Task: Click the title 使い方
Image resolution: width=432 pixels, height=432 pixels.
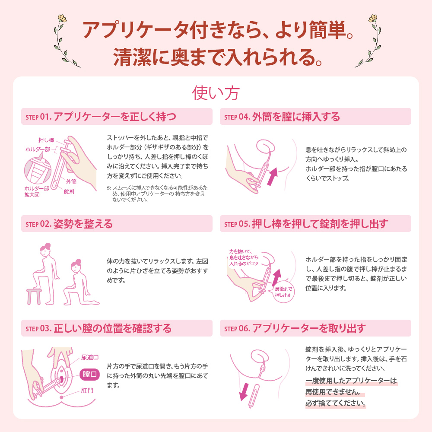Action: pos(216,93)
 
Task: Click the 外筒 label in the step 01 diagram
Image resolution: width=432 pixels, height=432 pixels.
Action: pos(72,181)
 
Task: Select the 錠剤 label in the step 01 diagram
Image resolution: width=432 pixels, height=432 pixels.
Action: pos(69,191)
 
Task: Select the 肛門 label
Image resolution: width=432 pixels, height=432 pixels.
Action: pos(87,391)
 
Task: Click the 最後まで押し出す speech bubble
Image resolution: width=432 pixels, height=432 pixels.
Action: pos(283,292)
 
